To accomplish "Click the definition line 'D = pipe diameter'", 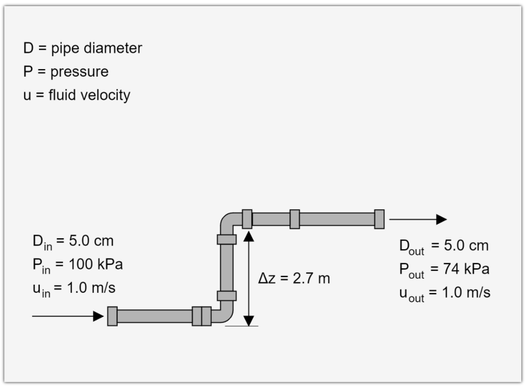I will [82, 49].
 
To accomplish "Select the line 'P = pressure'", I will [66, 72].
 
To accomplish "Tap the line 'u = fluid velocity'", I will [77, 95].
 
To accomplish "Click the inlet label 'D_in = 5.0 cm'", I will [73, 242].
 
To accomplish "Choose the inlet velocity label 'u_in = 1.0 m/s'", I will [74, 288].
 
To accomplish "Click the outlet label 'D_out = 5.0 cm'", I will [443, 246].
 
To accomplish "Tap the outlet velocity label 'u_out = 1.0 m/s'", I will [444, 292].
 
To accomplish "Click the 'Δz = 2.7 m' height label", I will [294, 279].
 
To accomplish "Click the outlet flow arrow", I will [417, 220].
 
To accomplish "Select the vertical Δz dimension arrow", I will [249, 278].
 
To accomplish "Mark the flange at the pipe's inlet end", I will [112, 316].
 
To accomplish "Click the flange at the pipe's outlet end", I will [379, 219].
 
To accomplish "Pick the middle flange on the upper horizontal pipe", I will [295, 219].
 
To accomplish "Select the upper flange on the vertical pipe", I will [227, 239].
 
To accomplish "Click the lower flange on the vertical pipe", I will [227, 296].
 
